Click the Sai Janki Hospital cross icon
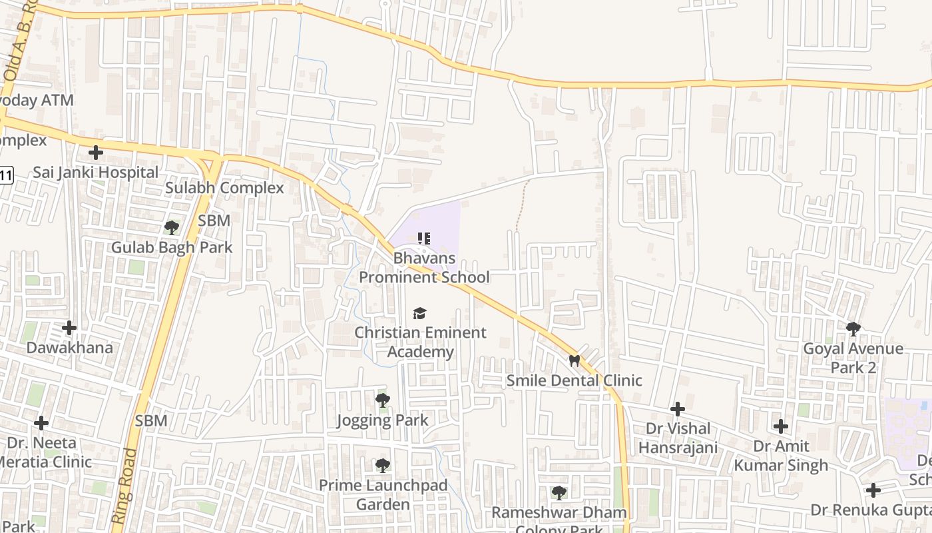click(x=96, y=153)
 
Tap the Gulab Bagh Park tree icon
click(x=171, y=228)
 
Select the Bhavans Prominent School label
click(x=425, y=267)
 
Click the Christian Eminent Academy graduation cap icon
click(x=419, y=313)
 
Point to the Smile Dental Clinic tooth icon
click(x=574, y=360)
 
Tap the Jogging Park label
click(x=382, y=420)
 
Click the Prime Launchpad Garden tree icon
click(x=382, y=465)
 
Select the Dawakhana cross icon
click(x=69, y=328)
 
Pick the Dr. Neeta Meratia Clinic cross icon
click(x=41, y=423)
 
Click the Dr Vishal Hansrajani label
click(x=678, y=438)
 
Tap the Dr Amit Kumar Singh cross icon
click(x=781, y=426)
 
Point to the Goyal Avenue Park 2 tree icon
click(x=853, y=328)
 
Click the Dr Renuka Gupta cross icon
click(x=873, y=490)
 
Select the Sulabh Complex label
click(x=224, y=188)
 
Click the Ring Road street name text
click(x=124, y=486)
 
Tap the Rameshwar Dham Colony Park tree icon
click(x=559, y=493)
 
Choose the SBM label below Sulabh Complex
click(x=214, y=221)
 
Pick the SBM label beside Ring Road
click(x=151, y=421)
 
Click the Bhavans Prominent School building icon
click(x=424, y=238)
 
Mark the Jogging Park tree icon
click(x=382, y=400)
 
